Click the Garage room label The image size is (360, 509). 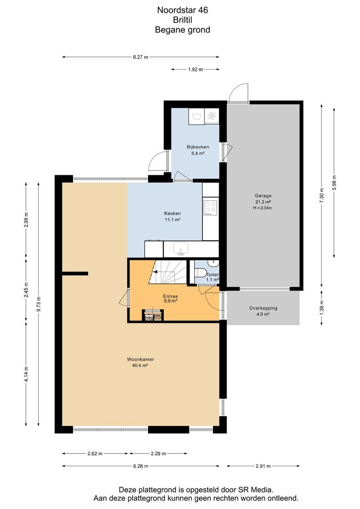(263, 196)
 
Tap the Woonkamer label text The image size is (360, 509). (140, 359)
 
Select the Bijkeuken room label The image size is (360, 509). (198, 147)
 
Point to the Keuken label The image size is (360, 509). (172, 213)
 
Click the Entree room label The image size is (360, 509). (171, 296)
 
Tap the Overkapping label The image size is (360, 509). (263, 308)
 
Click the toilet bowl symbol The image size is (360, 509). (201, 271)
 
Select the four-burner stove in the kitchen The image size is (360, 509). (210, 208)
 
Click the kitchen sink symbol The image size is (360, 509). (180, 249)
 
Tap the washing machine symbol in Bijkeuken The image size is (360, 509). (196, 116)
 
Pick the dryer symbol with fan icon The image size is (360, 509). (212, 116)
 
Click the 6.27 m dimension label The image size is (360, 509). (140, 57)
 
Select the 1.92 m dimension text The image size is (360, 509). (196, 69)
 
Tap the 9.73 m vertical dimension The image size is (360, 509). (39, 304)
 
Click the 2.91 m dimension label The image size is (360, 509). (263, 466)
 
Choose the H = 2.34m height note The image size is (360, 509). (262, 208)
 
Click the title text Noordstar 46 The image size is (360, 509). (182, 10)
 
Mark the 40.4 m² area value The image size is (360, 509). (140, 366)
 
